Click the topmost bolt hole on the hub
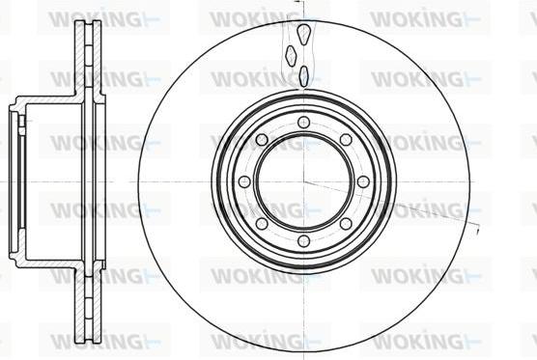point(303,123)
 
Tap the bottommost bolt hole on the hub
point(303,240)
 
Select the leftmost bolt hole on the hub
point(244,181)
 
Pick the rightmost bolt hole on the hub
point(363,181)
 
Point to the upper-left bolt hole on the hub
point(262,139)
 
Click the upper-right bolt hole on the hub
point(346,139)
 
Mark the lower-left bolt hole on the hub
point(262,224)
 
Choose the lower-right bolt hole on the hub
point(346,224)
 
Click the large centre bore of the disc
point(303,181)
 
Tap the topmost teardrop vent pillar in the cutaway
point(303,35)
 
